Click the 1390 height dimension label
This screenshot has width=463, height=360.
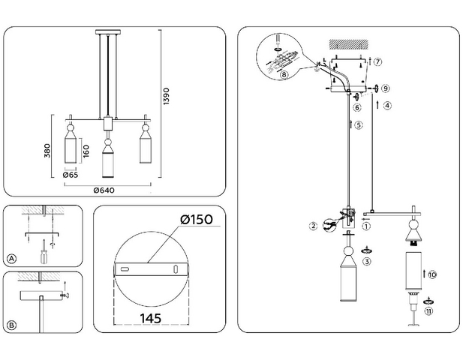(x=167, y=96)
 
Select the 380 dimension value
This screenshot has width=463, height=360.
(x=47, y=151)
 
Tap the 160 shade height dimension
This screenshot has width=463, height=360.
(x=86, y=151)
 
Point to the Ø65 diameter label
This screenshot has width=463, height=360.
(x=71, y=175)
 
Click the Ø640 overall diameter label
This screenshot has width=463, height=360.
(x=104, y=190)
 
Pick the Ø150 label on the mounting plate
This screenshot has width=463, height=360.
(x=197, y=220)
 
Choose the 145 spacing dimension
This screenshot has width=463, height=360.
(x=151, y=319)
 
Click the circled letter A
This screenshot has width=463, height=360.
(x=11, y=259)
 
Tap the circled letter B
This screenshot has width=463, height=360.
(x=11, y=325)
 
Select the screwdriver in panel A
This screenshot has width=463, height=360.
(x=44, y=252)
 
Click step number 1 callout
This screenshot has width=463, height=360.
(x=366, y=226)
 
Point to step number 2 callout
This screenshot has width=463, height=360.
(x=313, y=226)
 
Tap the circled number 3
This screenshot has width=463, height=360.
(x=367, y=262)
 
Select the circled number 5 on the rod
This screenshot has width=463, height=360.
(x=359, y=125)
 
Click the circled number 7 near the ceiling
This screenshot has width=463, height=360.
(x=377, y=62)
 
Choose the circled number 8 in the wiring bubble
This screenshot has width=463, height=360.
(x=284, y=74)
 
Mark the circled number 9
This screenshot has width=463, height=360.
(x=386, y=88)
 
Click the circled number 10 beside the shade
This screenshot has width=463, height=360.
(x=432, y=274)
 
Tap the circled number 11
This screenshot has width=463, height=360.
(x=428, y=311)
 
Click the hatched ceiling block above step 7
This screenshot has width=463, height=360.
(x=349, y=44)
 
